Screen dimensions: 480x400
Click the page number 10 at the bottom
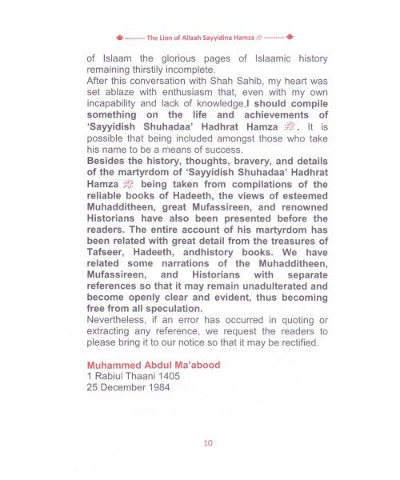[x=208, y=442]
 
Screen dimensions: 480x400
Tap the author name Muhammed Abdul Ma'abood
[x=153, y=365]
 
